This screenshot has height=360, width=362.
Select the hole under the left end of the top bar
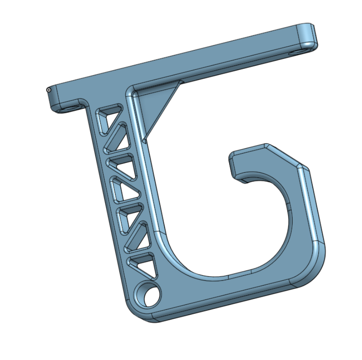coord(67,109)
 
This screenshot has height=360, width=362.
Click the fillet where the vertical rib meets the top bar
coord(130,94)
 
